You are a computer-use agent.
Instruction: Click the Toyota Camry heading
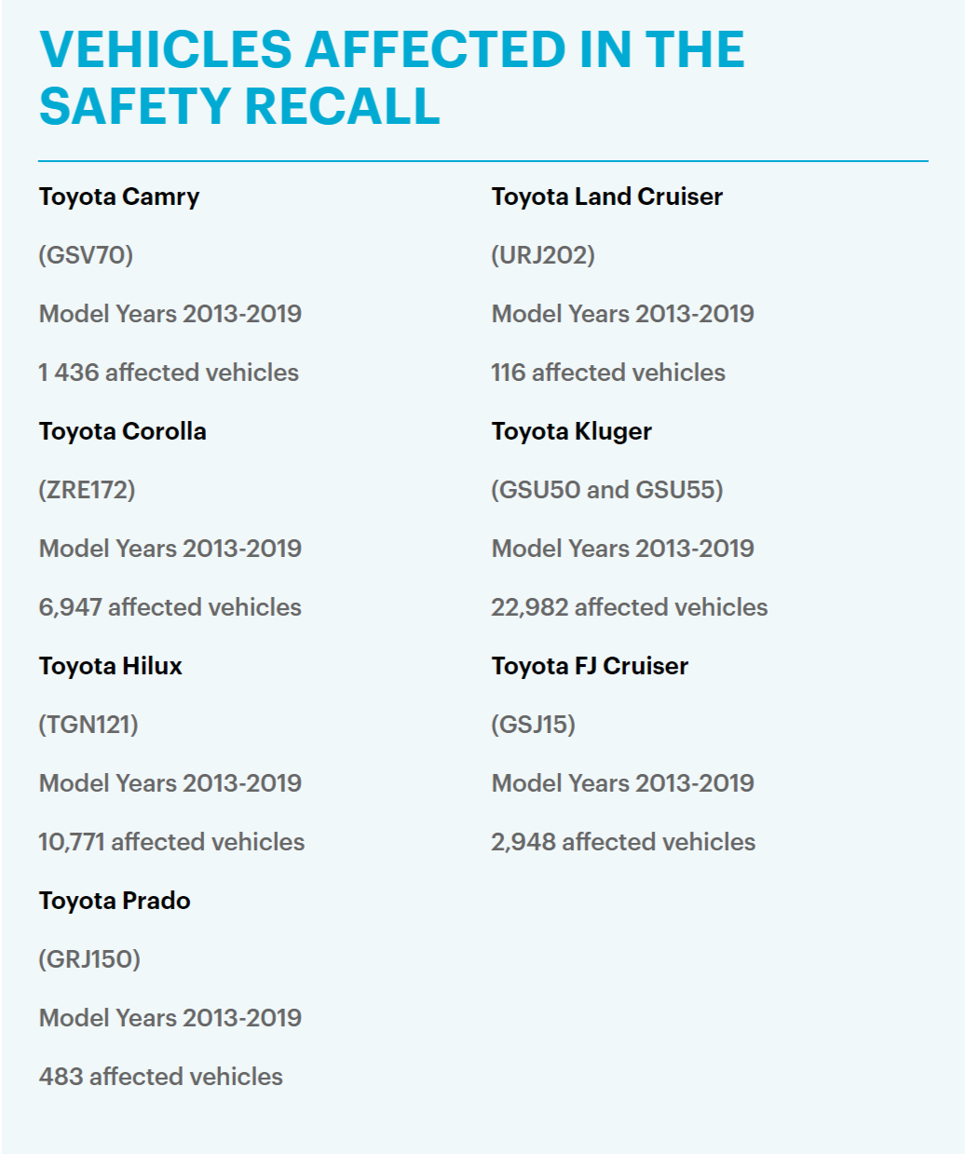coord(119,197)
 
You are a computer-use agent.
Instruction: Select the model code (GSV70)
coord(86,255)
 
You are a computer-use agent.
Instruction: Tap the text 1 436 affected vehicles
coord(169,372)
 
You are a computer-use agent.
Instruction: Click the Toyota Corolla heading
coord(122,431)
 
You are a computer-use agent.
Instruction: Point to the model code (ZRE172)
coord(87,490)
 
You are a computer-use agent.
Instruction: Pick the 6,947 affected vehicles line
coord(170,607)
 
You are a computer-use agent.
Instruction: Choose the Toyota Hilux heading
coord(110,666)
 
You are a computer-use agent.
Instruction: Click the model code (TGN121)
coord(88,725)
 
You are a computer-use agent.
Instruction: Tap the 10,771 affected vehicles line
coord(171,842)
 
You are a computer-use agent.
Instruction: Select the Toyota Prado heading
coord(115,901)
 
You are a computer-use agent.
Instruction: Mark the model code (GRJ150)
coord(89,959)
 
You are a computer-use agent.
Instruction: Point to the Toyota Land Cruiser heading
coord(606,197)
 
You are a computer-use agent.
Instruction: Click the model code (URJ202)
coord(542,255)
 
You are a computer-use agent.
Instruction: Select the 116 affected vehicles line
coord(607,372)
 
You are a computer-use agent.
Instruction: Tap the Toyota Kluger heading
coord(571,431)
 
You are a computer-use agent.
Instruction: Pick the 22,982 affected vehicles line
coord(630,607)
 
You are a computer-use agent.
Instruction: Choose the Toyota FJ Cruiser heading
coord(590,666)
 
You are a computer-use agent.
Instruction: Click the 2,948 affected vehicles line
coord(623,842)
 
